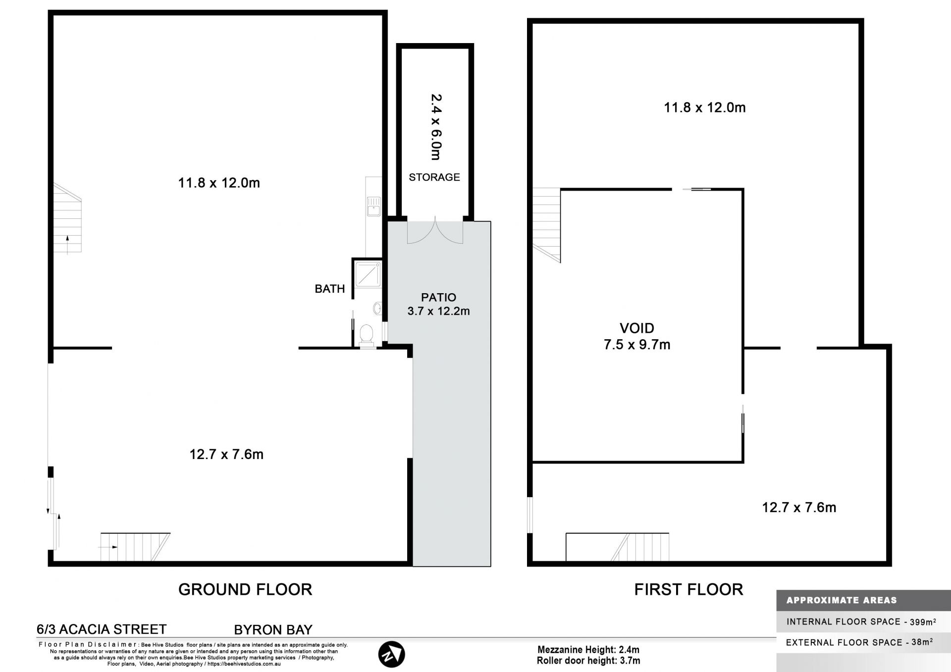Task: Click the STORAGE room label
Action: [x=434, y=177]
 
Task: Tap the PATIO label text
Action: [x=438, y=297]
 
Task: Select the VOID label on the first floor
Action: [x=637, y=328]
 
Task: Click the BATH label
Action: [x=330, y=289]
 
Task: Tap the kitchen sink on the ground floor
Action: [x=373, y=206]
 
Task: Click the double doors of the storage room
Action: [x=435, y=230]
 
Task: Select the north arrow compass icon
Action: [x=391, y=655]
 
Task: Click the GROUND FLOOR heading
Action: [x=245, y=589]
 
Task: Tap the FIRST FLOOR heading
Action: [x=688, y=589]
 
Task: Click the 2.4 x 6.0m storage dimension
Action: [x=436, y=127]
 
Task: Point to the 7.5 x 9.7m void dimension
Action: [x=637, y=345]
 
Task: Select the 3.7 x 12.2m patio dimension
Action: [x=438, y=311]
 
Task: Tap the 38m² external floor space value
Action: [x=922, y=642]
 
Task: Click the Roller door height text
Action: [x=588, y=661]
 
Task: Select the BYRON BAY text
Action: [x=273, y=630]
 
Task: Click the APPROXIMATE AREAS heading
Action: [x=842, y=600]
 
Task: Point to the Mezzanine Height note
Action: [x=588, y=650]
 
